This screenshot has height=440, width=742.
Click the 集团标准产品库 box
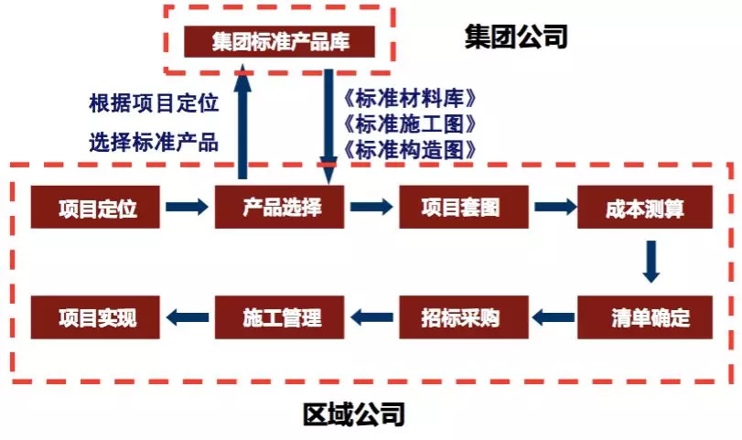[279, 42]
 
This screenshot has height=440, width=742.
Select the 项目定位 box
[95, 208]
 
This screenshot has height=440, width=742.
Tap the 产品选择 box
[279, 208]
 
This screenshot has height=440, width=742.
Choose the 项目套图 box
[464, 208]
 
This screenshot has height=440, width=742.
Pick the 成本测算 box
[644, 208]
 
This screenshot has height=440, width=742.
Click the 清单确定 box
[644, 317]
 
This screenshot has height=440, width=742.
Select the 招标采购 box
[464, 317]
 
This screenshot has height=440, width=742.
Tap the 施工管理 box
[279, 317]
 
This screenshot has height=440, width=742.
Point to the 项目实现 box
[95, 317]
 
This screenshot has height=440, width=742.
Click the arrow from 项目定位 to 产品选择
[187, 207]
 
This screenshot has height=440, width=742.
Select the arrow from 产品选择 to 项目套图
[371, 207]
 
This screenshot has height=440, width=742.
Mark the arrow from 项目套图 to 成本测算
[555, 207]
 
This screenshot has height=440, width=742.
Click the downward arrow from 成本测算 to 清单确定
[651, 262]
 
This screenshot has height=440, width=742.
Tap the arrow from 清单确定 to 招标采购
[554, 317]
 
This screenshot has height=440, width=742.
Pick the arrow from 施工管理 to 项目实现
[188, 317]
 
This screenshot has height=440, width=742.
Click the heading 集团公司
[516, 37]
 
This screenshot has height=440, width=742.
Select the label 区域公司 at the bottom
[354, 414]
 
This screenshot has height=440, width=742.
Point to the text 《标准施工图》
[408, 124]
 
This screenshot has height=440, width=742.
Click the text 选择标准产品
[154, 142]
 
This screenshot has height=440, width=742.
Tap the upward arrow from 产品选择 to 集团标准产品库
[242, 122]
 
